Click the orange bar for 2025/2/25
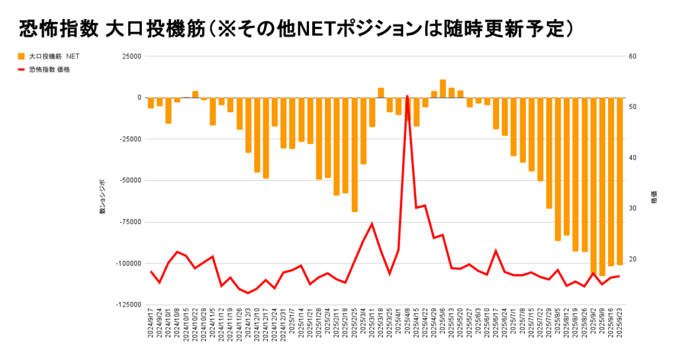[355, 155]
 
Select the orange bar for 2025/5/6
[443, 89]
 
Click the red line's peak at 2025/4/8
[407, 96]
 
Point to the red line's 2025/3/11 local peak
[372, 224]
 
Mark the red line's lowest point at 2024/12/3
[248, 293]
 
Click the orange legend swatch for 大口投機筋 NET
[21, 57]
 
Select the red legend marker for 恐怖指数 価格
[21, 69]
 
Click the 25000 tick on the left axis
[131, 56]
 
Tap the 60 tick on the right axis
[632, 56]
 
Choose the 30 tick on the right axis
[632, 208]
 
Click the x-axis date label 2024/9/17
[151, 326]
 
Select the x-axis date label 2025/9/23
[620, 326]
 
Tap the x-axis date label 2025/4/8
[407, 326]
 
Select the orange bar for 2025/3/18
[381, 92]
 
